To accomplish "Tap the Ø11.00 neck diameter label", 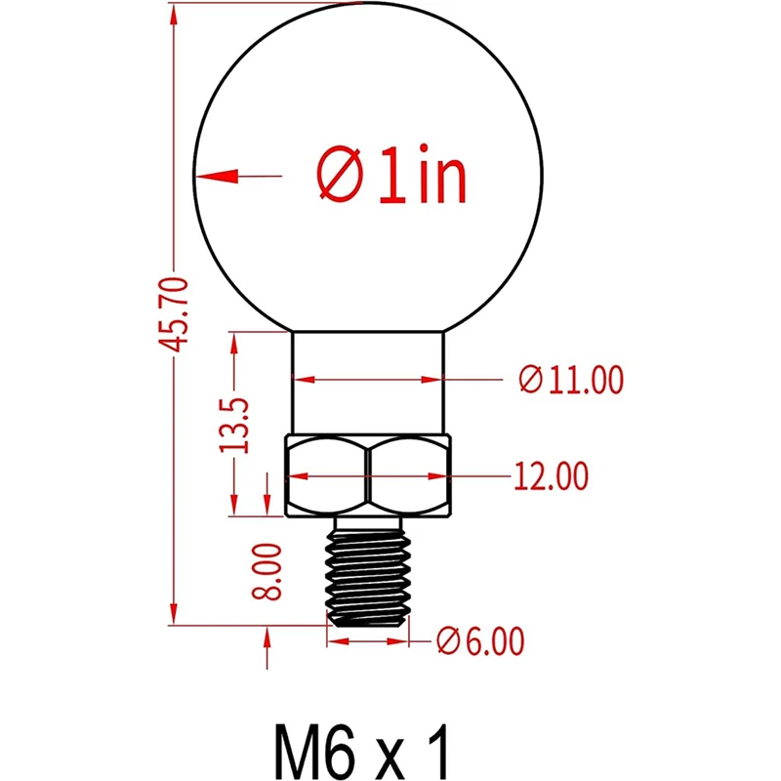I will point(571,379).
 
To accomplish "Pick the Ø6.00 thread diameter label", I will point(480,641).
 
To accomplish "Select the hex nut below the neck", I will point(368,477).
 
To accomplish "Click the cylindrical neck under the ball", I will point(369,381).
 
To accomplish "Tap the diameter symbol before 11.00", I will point(530,379).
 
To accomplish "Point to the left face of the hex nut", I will point(326,477).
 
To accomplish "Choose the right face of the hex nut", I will point(411,477).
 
